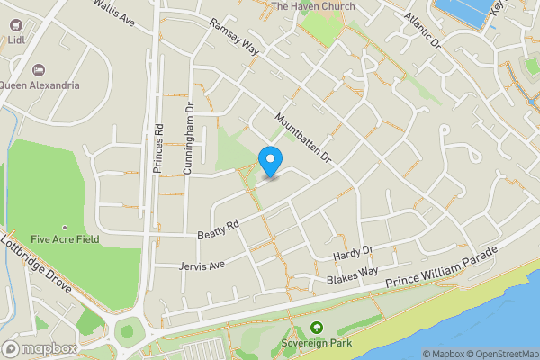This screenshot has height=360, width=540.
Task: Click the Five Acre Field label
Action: (x=64, y=238)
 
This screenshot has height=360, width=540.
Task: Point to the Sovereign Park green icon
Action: (x=316, y=329)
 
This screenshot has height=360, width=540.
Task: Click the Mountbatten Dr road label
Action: (x=304, y=138)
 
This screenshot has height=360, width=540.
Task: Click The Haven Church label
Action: (x=312, y=7)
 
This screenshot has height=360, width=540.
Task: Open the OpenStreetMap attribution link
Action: (x=500, y=354)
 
